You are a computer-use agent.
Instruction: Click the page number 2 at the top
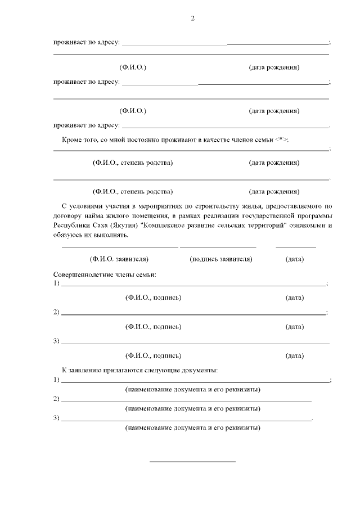tap(192, 19)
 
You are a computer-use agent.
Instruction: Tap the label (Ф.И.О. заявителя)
tap(119, 259)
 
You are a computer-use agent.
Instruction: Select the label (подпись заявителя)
tap(221, 259)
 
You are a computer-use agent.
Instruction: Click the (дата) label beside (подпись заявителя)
tap(295, 259)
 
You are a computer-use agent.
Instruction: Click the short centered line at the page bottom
tap(192, 462)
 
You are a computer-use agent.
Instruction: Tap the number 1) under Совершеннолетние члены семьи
tap(56, 283)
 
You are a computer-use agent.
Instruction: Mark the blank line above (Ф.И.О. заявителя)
tap(119, 247)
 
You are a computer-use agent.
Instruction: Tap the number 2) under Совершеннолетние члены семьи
tap(56, 312)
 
